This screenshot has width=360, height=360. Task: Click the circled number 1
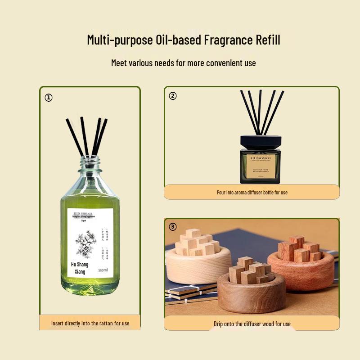point(49,98)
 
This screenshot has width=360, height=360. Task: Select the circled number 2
point(173,96)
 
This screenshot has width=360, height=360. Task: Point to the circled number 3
point(173,226)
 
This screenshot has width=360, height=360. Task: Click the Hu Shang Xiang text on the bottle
point(80,268)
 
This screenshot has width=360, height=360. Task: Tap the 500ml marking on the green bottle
point(103,270)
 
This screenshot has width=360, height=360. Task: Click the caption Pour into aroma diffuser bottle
point(252,192)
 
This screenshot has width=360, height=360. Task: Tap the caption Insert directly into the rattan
point(90,323)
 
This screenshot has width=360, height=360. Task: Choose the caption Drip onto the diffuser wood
point(252,324)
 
